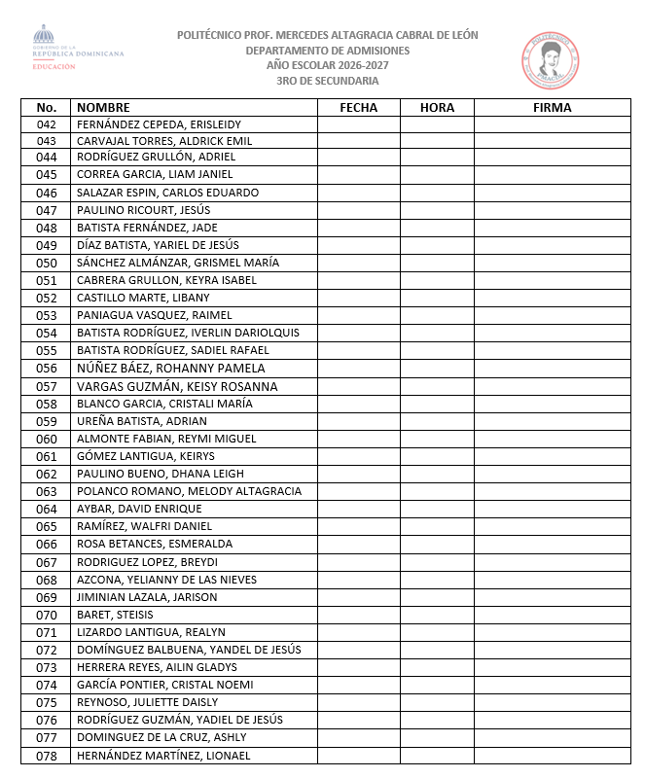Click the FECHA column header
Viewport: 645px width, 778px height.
(x=358, y=108)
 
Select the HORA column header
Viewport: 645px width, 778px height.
(x=437, y=108)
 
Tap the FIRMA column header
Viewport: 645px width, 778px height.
(x=552, y=108)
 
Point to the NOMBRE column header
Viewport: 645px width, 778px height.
(x=103, y=108)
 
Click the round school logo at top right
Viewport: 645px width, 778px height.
(x=550, y=57)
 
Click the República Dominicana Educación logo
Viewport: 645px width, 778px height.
(x=78, y=50)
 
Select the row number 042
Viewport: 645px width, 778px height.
(x=47, y=124)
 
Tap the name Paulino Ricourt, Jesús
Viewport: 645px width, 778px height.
(x=143, y=210)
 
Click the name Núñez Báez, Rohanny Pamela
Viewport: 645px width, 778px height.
(x=171, y=369)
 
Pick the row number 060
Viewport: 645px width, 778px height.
(x=47, y=439)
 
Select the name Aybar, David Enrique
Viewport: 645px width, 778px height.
(x=139, y=509)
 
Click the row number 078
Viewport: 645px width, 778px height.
(x=47, y=756)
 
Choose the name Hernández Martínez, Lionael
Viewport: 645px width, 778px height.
(x=163, y=756)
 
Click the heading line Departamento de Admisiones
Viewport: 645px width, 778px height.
(x=327, y=50)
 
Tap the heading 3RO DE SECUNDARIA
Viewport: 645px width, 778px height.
(x=327, y=81)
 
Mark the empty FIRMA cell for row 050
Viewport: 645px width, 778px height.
(x=552, y=263)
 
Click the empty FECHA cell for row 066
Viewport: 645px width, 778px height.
(x=358, y=544)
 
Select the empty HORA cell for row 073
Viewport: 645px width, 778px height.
(x=437, y=667)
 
